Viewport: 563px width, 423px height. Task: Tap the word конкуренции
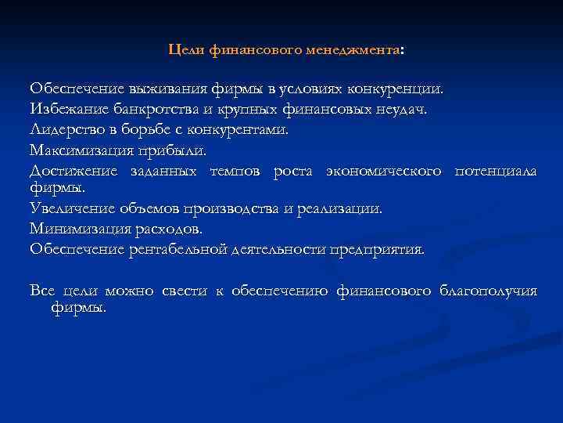click(398, 88)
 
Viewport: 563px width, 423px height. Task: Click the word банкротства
click(152, 108)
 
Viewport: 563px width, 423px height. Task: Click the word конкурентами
click(243, 128)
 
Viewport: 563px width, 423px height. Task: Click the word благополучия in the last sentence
click(489, 291)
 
